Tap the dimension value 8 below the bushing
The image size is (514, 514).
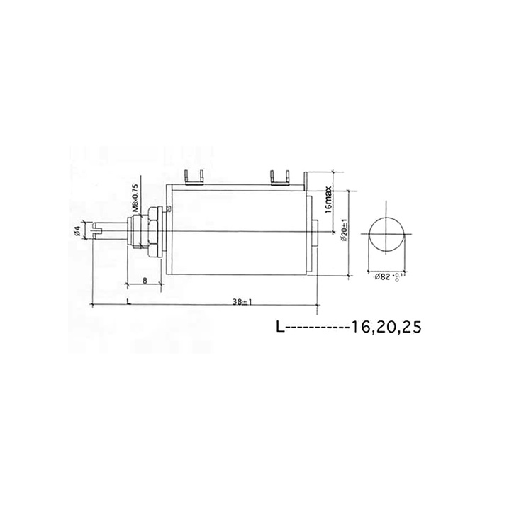145,281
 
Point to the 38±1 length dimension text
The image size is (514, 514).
242,301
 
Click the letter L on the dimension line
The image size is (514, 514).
128,301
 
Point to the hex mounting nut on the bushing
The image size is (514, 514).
150,231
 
